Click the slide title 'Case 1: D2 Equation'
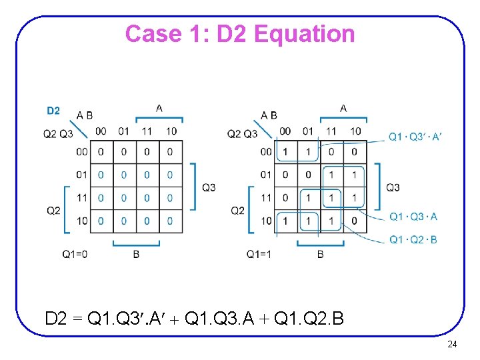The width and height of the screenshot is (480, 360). [240, 33]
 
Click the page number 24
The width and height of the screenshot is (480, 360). [451, 345]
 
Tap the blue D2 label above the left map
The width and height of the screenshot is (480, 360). [53, 111]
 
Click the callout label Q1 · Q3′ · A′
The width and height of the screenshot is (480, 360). [415, 137]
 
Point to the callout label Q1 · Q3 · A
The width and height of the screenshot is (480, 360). [413, 217]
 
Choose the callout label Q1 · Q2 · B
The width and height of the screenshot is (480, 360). [413, 239]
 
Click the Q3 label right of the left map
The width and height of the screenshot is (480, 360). [209, 187]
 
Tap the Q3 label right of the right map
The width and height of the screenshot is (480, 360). [393, 187]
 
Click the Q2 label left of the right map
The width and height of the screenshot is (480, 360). [237, 211]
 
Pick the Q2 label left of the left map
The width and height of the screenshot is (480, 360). [53, 211]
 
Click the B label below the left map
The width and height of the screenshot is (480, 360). [136, 254]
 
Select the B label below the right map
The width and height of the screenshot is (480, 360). [320, 254]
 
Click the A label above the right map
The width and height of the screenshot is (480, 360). [343, 108]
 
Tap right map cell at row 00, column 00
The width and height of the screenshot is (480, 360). [285, 152]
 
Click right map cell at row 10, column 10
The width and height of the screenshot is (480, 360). [354, 221]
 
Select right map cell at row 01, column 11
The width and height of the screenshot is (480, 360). [331, 175]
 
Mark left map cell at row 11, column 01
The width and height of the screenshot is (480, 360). [124, 198]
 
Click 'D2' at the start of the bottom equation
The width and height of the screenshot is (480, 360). [56, 319]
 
